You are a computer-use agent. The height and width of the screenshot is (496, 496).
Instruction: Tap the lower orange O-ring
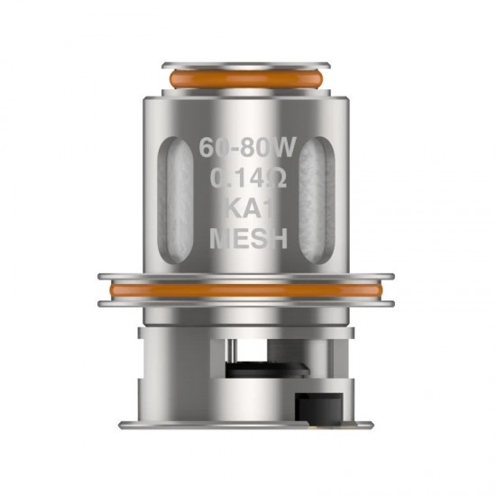tap(248, 289)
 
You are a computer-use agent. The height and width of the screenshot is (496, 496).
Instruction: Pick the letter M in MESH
tap(217, 241)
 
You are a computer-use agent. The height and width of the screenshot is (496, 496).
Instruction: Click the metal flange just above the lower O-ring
tap(248, 273)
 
